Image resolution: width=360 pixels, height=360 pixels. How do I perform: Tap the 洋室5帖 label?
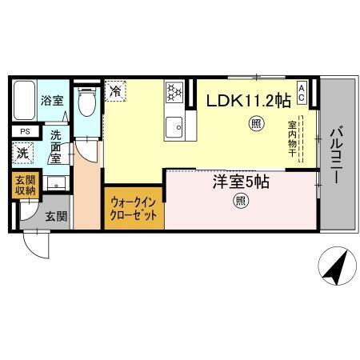(x=240, y=182)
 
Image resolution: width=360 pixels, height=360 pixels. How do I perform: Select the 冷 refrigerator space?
(x=116, y=91)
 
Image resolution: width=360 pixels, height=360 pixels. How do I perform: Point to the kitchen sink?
(x=174, y=125)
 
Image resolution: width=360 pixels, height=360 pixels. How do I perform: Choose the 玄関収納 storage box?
(x=23, y=186)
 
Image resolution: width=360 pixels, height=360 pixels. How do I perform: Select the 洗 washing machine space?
(x=23, y=153)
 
